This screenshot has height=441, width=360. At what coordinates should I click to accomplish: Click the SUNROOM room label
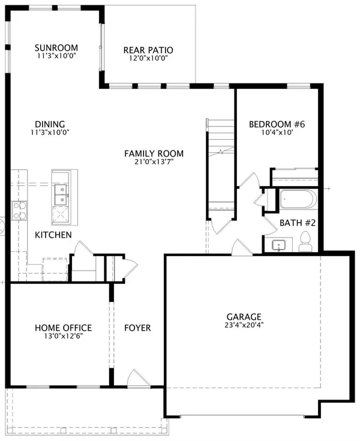[x=56, y=48]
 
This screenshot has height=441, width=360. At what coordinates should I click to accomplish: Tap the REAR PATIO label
[x=148, y=50]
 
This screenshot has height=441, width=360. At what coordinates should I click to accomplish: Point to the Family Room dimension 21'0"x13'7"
[x=154, y=161]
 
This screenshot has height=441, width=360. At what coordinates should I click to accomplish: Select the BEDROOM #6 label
[x=277, y=124]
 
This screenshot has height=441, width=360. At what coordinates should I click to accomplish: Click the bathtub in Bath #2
[x=298, y=199]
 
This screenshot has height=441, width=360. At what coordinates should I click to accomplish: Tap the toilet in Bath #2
[x=305, y=242]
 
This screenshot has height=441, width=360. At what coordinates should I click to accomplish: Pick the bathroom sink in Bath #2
[x=279, y=245]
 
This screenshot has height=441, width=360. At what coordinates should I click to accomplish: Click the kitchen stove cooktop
[x=19, y=211]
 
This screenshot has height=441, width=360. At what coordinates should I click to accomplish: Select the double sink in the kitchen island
[x=61, y=194]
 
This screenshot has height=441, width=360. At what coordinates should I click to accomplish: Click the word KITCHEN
[x=53, y=235]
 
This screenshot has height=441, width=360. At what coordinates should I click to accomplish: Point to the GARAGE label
[x=244, y=317]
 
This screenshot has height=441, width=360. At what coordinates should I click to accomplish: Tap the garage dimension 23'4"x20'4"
[x=244, y=325]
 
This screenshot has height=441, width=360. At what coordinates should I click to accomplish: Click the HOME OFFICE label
[x=63, y=328]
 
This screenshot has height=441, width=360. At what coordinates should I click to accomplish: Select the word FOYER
[x=137, y=328]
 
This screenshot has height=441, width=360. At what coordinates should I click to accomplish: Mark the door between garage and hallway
[x=241, y=247]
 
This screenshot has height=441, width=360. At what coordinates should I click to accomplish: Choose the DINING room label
[x=50, y=124]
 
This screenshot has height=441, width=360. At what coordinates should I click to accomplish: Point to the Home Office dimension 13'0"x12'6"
[x=63, y=336]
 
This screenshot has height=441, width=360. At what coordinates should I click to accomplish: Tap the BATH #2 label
[x=298, y=223]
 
